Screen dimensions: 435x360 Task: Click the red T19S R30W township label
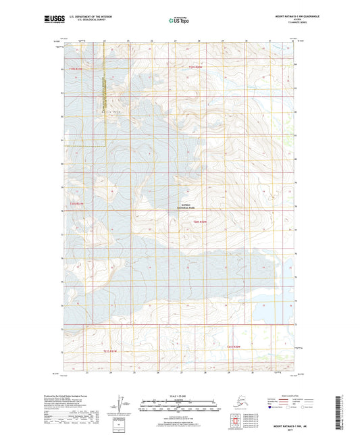(x=196, y=68)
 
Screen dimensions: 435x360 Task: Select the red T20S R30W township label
(x=199, y=222)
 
